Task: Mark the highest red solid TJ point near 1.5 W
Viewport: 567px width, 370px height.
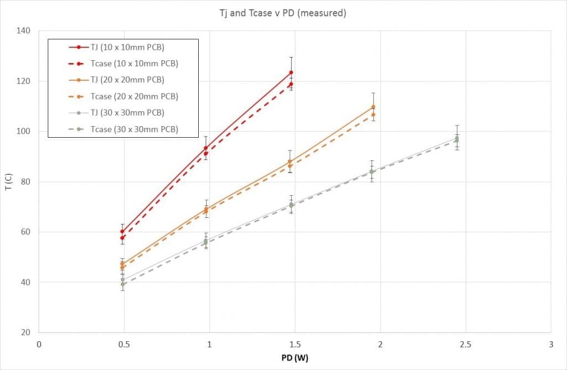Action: point(291,72)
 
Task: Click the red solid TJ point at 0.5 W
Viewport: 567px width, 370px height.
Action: point(122,232)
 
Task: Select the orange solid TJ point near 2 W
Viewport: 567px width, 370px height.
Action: point(373,107)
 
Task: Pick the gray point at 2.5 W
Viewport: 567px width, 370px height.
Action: point(457,138)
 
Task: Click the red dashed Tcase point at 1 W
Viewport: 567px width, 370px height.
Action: point(206,154)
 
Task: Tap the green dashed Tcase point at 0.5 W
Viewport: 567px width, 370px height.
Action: point(122,284)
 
